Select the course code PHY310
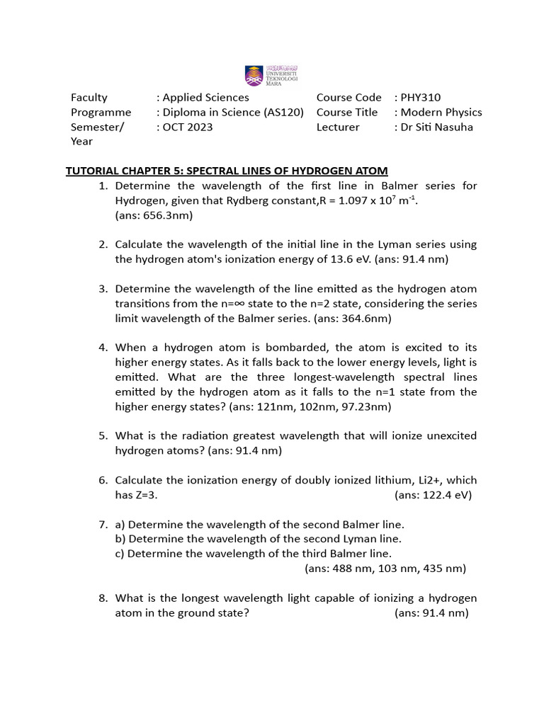tap(421, 97)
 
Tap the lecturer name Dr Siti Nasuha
tap(437, 127)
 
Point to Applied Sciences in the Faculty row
tap(206, 97)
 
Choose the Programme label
tap(101, 112)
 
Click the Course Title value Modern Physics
tap(441, 112)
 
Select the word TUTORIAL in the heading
tap(93, 171)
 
